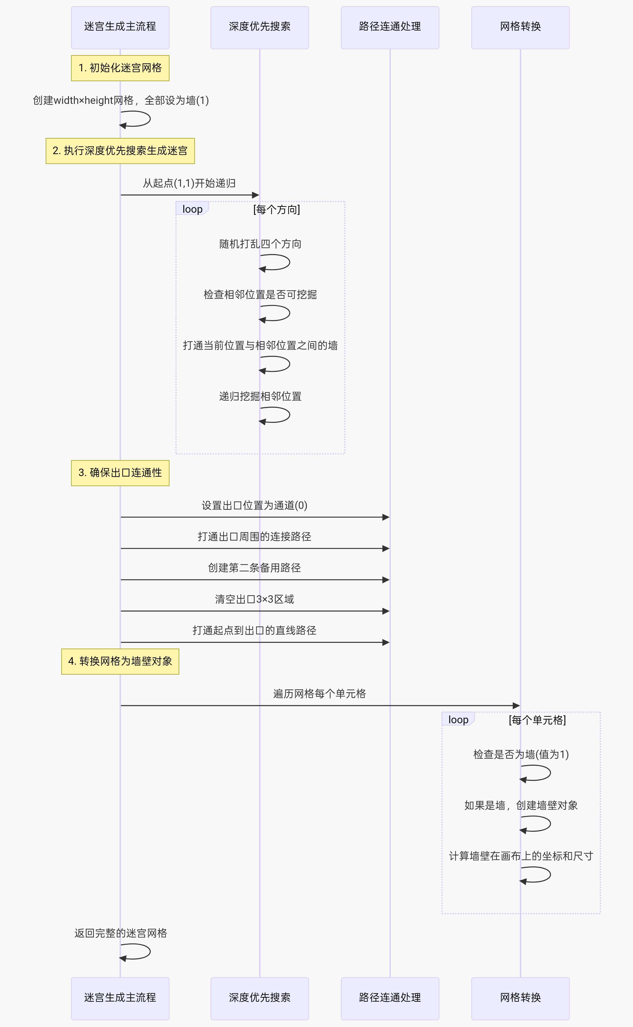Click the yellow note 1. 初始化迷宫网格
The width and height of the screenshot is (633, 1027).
[120, 68]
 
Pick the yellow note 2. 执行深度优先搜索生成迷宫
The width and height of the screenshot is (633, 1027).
[120, 151]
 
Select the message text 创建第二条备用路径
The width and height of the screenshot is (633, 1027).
[255, 568]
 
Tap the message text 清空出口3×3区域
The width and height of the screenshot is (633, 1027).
[255, 599]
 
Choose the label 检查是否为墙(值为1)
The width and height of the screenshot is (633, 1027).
[521, 754]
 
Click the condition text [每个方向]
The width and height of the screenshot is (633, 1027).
[277, 209]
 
